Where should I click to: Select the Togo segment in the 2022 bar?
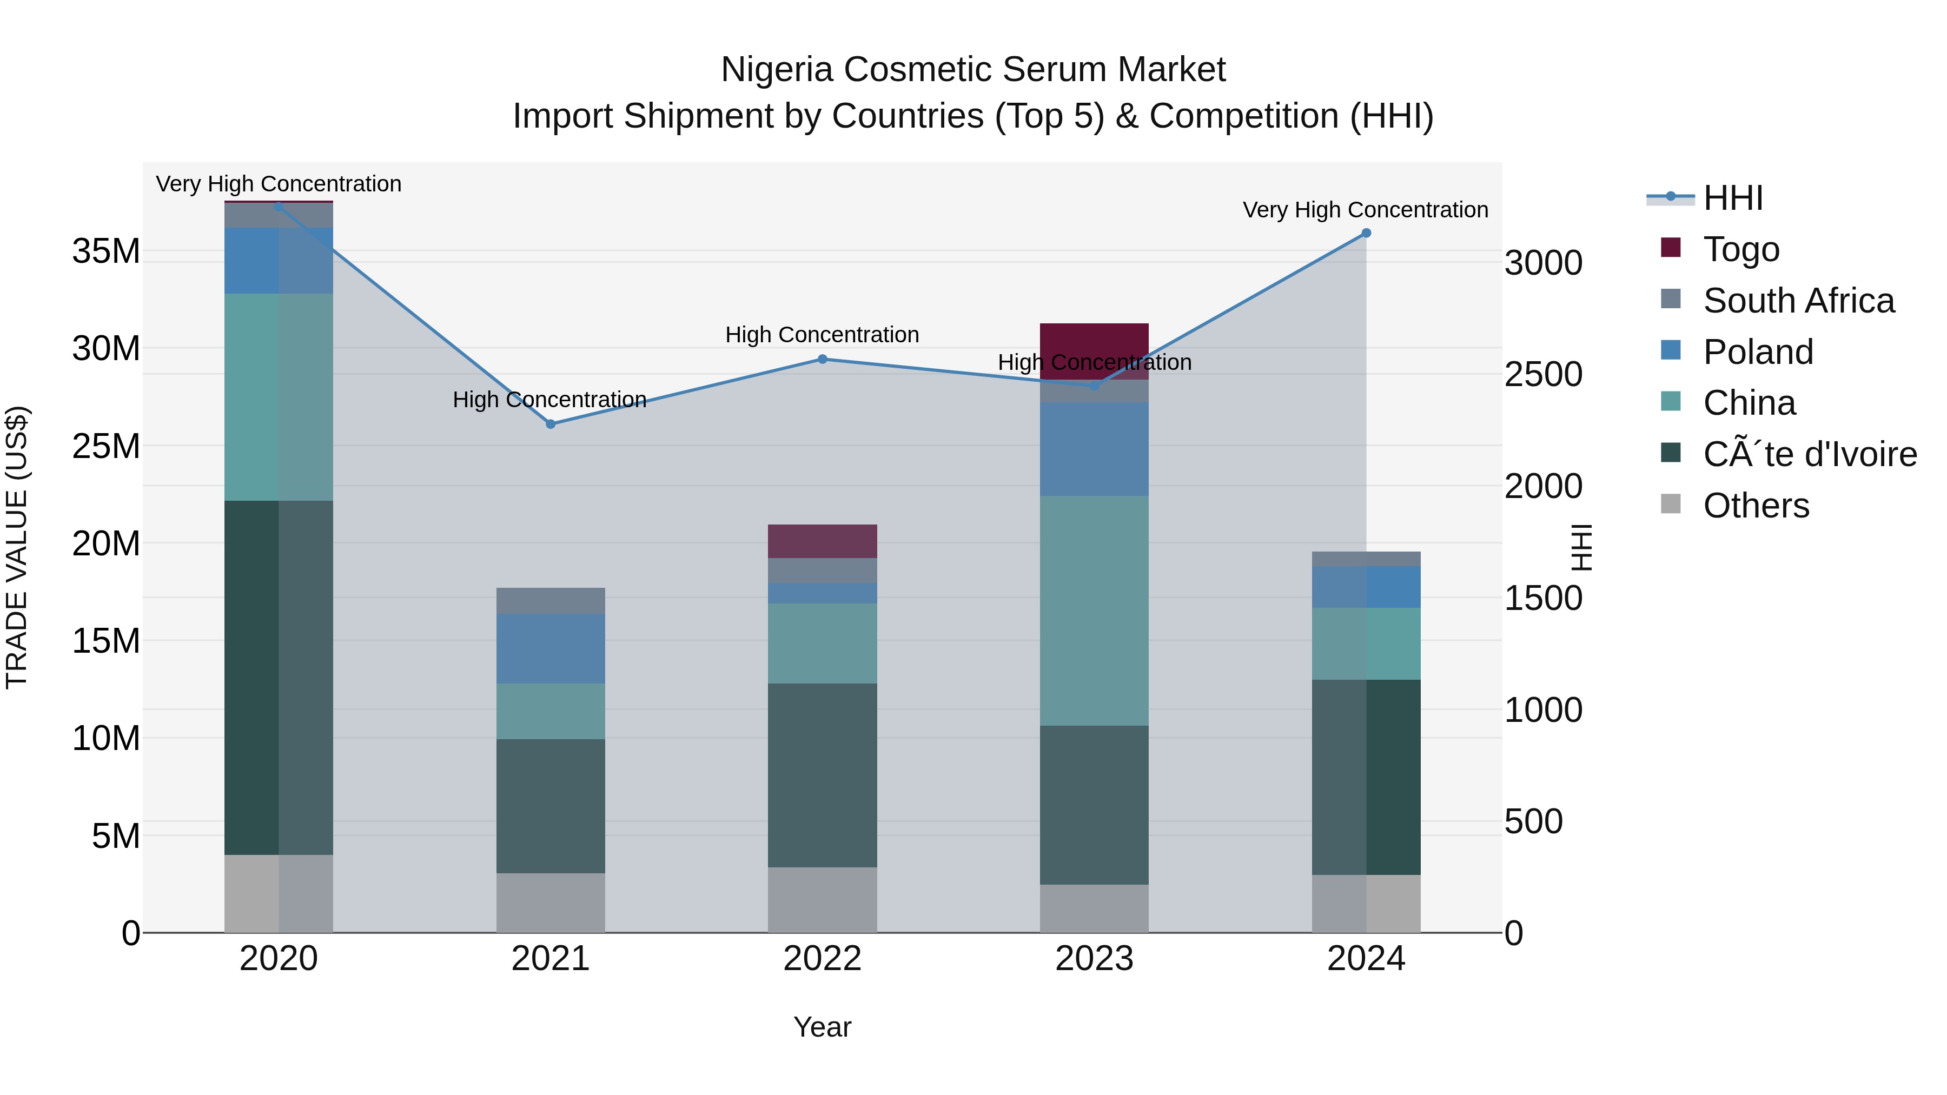(822, 541)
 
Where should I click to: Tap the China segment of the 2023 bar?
(1094, 610)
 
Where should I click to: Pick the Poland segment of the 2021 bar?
(550, 648)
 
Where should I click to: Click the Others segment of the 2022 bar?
(822, 899)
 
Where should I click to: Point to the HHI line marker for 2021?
(550, 424)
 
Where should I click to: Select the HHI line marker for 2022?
(822, 359)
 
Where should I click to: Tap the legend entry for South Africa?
(1798, 301)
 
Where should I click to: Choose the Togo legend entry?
(1740, 249)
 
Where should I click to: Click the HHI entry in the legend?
(1732, 198)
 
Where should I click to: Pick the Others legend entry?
(1755, 506)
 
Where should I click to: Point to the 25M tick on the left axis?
(106, 446)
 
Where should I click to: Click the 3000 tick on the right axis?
(1542, 263)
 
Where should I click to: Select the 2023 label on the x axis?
(1094, 959)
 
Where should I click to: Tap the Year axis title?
(822, 1027)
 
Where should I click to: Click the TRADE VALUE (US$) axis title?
(17, 547)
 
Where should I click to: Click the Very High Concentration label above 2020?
(278, 184)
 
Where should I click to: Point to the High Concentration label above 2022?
(822, 335)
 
